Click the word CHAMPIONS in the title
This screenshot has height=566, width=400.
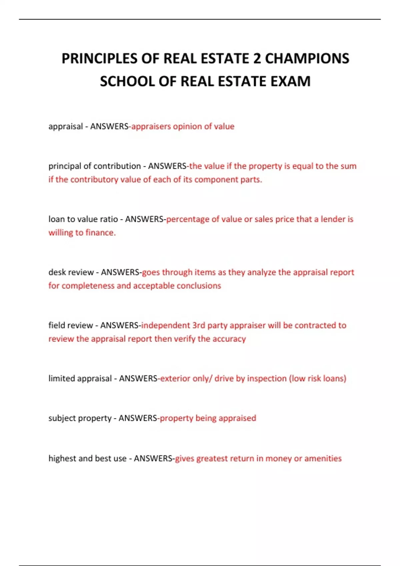[x=307, y=59]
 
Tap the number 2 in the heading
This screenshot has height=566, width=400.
[x=257, y=59]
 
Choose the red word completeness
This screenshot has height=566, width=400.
[x=88, y=286]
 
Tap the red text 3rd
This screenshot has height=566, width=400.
[x=199, y=325]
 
